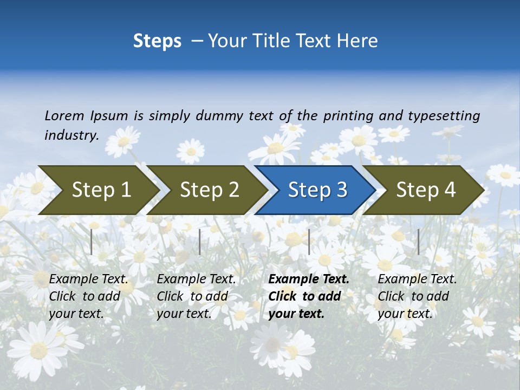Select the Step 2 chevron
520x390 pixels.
click(209, 190)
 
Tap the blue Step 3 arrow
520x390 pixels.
click(317, 190)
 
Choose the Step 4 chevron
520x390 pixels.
click(426, 190)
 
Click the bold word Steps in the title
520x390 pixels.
click(157, 41)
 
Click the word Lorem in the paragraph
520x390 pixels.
click(64, 115)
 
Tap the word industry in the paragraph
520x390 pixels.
click(71, 135)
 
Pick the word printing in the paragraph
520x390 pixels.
click(349, 115)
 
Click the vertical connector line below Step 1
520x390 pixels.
click(92, 242)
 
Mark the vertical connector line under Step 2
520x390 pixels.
click(200, 242)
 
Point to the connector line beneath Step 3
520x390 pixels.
click(309, 242)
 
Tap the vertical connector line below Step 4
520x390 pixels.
click(418, 242)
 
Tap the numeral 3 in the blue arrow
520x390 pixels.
click(341, 190)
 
